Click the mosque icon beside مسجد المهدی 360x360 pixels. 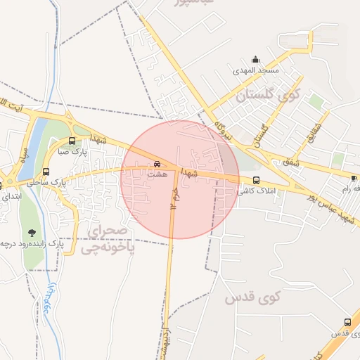point(255,59)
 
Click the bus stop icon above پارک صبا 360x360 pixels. point(72,141)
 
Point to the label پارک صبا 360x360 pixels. point(72,150)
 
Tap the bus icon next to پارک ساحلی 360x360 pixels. point(46,172)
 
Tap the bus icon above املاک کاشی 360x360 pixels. point(256,180)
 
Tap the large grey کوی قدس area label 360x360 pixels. point(252,297)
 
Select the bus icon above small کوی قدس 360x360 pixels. point(347,322)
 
